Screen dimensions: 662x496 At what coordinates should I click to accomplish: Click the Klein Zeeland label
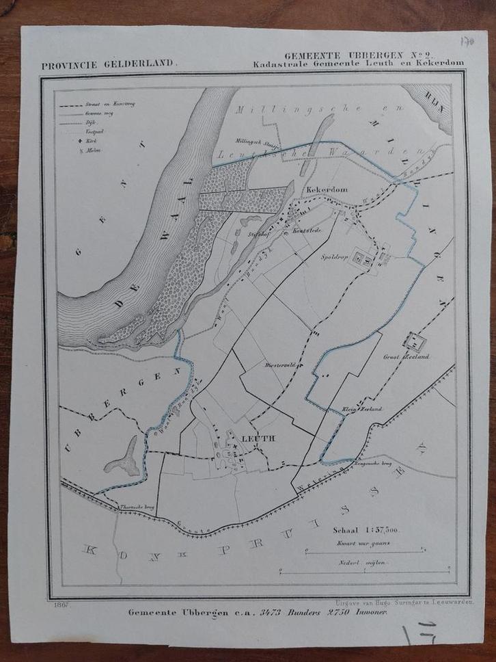(x=361, y=409)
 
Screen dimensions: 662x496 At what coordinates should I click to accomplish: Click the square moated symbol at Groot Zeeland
(x=414, y=340)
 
